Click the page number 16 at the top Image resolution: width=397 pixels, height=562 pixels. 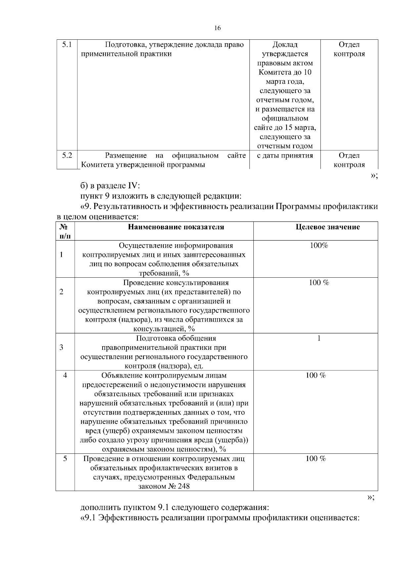click(217, 28)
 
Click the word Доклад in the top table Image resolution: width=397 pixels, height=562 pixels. click(285, 44)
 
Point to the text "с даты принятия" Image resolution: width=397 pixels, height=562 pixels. click(285, 155)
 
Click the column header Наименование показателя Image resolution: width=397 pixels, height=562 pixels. click(176, 227)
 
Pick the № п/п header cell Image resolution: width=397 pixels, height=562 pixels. click(65, 231)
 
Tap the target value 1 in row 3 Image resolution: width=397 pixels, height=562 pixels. click(319, 338)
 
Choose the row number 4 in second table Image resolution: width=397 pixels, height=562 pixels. click(65, 375)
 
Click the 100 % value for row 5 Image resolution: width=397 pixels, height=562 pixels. click(316, 459)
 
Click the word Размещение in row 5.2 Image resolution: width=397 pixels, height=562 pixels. click(126, 155)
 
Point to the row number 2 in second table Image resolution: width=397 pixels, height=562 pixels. click(61, 292)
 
